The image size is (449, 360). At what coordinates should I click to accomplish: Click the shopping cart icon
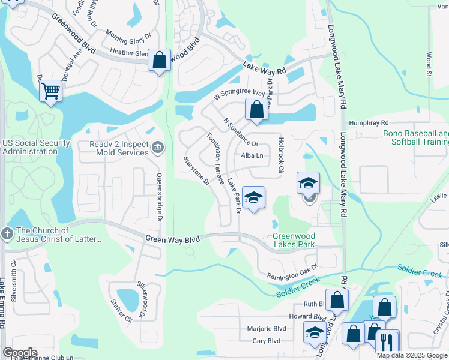(x=51, y=91)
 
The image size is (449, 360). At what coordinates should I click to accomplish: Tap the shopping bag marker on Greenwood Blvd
(x=159, y=60)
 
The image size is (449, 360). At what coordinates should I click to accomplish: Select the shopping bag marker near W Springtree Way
(x=256, y=110)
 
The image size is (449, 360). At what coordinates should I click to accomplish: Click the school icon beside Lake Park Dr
(x=254, y=198)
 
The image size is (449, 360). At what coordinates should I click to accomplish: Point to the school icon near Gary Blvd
(x=315, y=332)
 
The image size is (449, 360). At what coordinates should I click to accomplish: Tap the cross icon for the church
(x=7, y=234)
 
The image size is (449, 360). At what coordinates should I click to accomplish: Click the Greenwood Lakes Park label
(x=294, y=240)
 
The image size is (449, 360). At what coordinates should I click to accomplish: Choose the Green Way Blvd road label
(x=172, y=239)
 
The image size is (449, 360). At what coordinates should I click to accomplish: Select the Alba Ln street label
(x=253, y=155)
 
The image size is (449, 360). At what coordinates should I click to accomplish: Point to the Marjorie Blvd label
(x=267, y=329)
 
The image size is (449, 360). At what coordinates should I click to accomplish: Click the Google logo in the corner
(x=20, y=353)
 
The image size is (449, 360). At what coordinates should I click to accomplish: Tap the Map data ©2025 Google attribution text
(x=412, y=355)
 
